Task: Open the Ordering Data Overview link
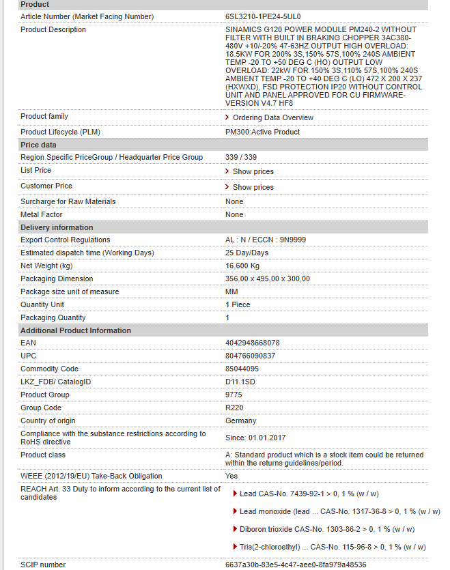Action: pos(272,117)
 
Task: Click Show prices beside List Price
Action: pos(253,171)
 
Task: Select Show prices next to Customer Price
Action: pos(253,187)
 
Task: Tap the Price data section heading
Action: pos(38,145)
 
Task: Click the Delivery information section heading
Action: pos(57,227)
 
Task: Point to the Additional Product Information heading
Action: pos(75,330)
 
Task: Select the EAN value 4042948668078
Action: pos(253,343)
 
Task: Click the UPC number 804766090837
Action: pos(251,356)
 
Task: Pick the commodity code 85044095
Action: pos(242,369)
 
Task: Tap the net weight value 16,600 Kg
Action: pos(242,266)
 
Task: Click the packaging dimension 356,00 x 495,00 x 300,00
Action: pos(268,279)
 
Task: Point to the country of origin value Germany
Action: pos(241,421)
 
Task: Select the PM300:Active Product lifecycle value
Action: pos(262,132)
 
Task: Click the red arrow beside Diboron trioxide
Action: pos(236,529)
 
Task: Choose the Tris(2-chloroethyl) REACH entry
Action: pos(333,547)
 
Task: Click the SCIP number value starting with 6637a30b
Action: pos(296,565)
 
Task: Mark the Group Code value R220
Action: pos(234,408)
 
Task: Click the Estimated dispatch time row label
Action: pos(87,253)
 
